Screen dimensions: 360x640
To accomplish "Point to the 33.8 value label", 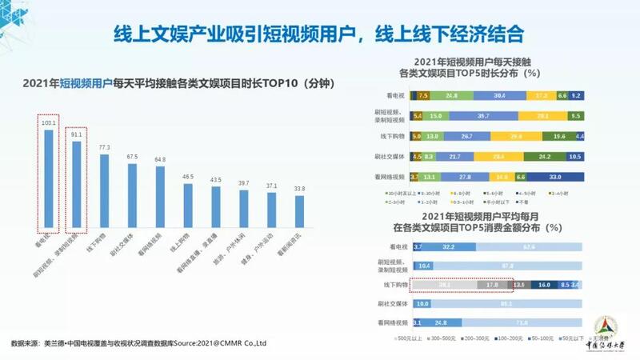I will point(300,190).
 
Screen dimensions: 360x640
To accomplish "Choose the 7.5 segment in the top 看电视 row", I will point(423,95).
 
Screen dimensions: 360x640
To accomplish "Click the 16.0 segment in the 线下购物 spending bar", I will point(544,284).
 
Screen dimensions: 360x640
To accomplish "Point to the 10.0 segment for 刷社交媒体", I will point(423,303).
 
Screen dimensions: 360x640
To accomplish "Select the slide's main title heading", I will point(319,34).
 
